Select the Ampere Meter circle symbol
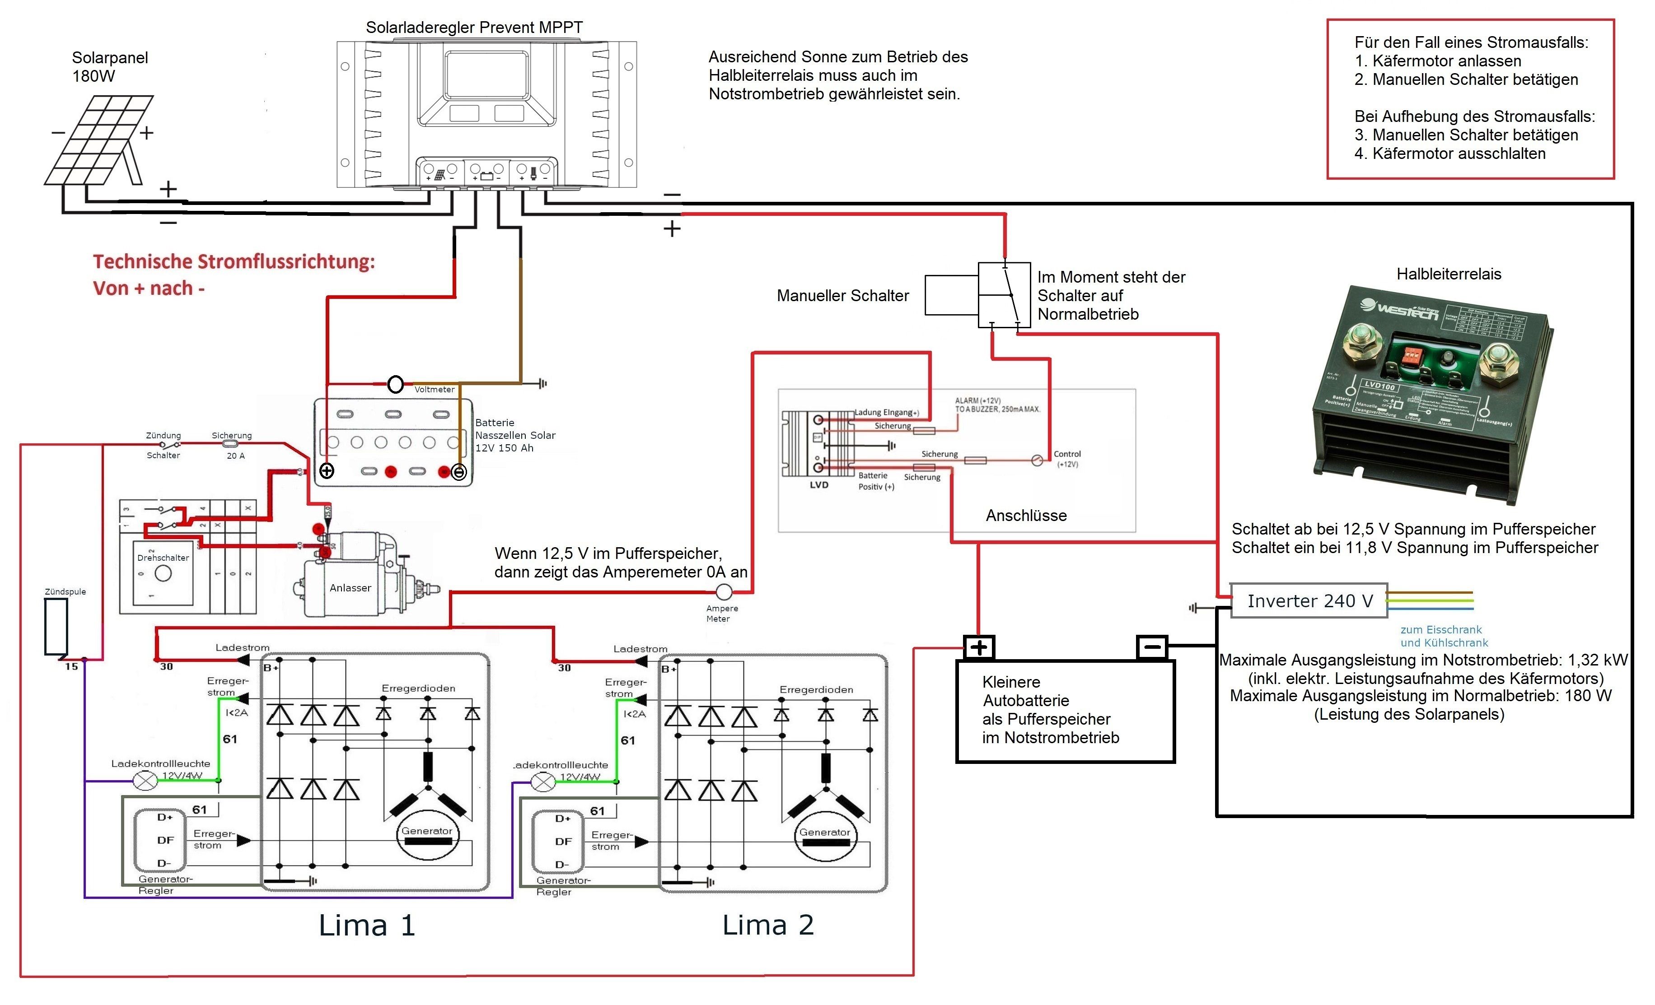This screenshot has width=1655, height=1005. pos(724,592)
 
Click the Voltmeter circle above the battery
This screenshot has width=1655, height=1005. pos(396,384)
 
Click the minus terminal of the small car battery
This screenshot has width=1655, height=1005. pos(1152,647)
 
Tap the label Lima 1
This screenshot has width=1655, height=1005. pos(367,925)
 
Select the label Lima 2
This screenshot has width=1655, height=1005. pos(768,925)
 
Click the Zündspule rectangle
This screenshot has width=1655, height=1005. pos(56,626)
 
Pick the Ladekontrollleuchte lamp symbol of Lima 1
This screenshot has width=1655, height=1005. pos(146,781)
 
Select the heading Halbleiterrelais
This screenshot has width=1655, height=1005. pos(1448,274)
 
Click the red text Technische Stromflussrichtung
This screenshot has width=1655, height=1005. pos(234,262)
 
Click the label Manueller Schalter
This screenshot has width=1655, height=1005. pos(842,295)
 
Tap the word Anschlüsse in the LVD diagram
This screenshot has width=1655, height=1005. pos(1026,516)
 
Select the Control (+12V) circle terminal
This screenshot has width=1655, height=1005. pos(1037,461)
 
